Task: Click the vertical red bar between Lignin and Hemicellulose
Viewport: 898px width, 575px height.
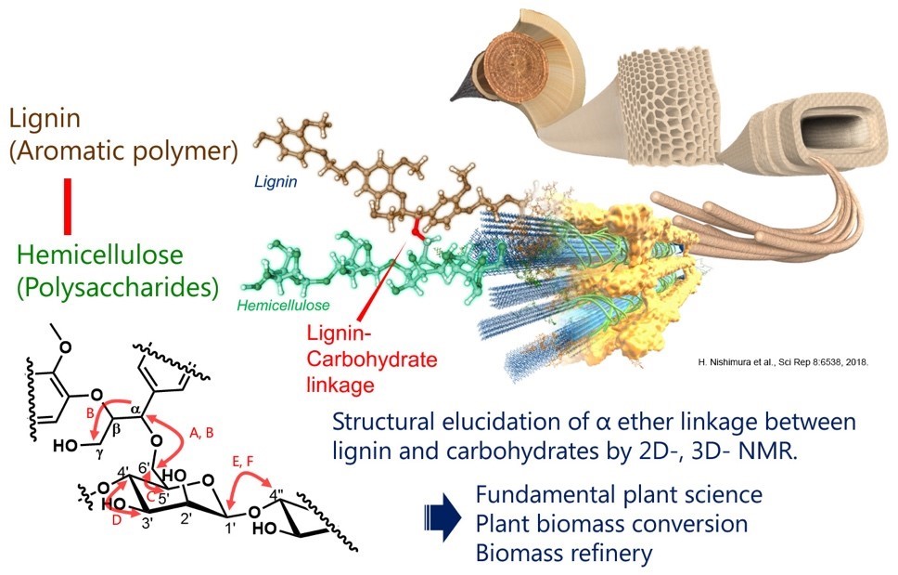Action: (x=68, y=206)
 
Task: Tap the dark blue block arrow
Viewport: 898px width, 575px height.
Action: (x=443, y=518)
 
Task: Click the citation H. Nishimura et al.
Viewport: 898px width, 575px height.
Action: (x=783, y=362)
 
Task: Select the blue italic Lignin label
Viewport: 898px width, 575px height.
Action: (x=276, y=182)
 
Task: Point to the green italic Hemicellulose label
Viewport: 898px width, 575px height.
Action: (x=283, y=305)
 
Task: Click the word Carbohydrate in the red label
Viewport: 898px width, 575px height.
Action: (x=372, y=359)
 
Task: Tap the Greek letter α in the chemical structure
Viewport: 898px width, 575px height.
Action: (x=135, y=410)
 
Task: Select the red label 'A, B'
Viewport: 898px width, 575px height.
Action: (x=201, y=433)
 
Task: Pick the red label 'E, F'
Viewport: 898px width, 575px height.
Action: (x=243, y=462)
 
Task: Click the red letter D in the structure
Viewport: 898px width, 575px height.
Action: (x=116, y=520)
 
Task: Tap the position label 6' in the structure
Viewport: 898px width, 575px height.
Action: (x=145, y=468)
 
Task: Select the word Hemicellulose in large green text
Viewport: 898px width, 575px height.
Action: (x=100, y=255)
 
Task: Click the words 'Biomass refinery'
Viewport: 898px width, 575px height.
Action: (x=564, y=554)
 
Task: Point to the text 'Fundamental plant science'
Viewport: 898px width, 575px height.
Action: (x=619, y=494)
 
